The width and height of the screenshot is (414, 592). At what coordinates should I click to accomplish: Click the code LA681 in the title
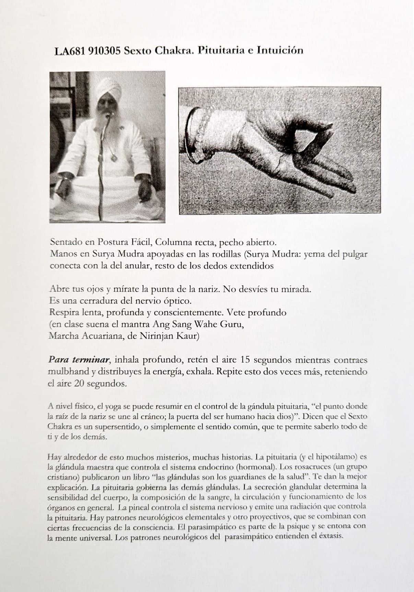click(70, 51)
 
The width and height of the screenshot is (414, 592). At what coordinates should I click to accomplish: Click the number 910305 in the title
click(104, 51)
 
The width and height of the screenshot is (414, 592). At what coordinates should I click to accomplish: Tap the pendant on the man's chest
click(114, 157)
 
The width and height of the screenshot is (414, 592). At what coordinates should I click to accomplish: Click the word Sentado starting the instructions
click(66, 242)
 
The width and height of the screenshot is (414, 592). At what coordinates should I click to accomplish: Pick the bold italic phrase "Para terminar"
click(79, 360)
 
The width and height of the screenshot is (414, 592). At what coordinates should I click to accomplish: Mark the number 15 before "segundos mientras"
click(245, 360)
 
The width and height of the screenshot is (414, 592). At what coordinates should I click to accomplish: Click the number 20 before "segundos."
click(79, 383)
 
